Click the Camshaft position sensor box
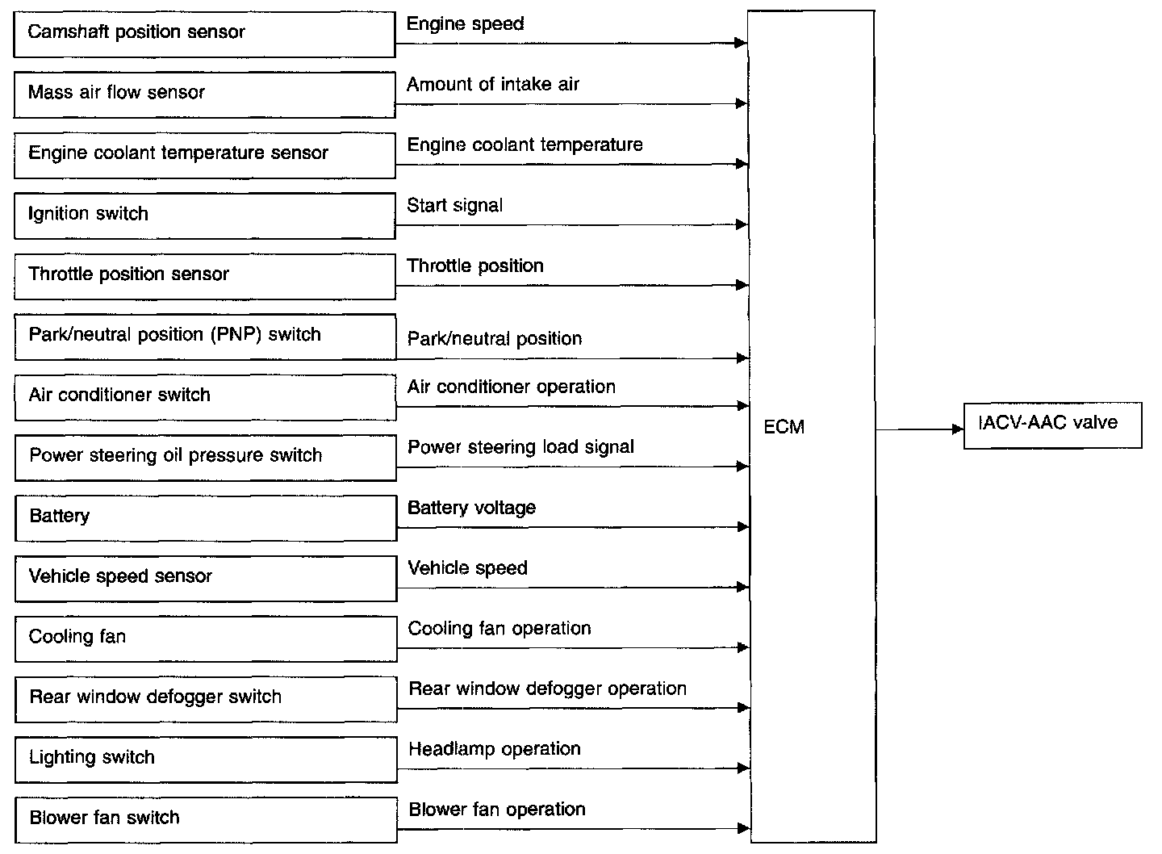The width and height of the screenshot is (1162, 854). [204, 35]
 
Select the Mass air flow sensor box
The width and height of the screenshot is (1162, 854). [204, 95]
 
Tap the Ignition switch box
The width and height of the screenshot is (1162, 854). [205, 216]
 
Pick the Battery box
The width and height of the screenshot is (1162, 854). [206, 518]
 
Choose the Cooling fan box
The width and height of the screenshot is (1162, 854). [206, 639]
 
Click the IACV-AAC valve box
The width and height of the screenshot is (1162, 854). [1053, 425]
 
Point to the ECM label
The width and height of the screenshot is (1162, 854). [784, 427]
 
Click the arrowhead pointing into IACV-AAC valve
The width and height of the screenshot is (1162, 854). [958, 429]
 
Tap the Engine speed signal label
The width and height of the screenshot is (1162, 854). [466, 24]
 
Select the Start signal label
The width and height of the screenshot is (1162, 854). [455, 206]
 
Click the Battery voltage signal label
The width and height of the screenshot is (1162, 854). [471, 508]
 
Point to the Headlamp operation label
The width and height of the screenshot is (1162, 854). [495, 749]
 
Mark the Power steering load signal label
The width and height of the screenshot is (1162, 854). [520, 447]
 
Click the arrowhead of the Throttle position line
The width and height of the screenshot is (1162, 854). [742, 285]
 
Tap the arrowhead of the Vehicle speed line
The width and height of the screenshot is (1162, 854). [743, 587]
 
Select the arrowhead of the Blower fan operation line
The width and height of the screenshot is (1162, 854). [743, 828]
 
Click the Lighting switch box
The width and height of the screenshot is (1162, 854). [206, 760]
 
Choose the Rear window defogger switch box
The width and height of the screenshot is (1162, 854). [206, 699]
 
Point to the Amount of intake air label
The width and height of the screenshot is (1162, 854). [493, 84]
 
